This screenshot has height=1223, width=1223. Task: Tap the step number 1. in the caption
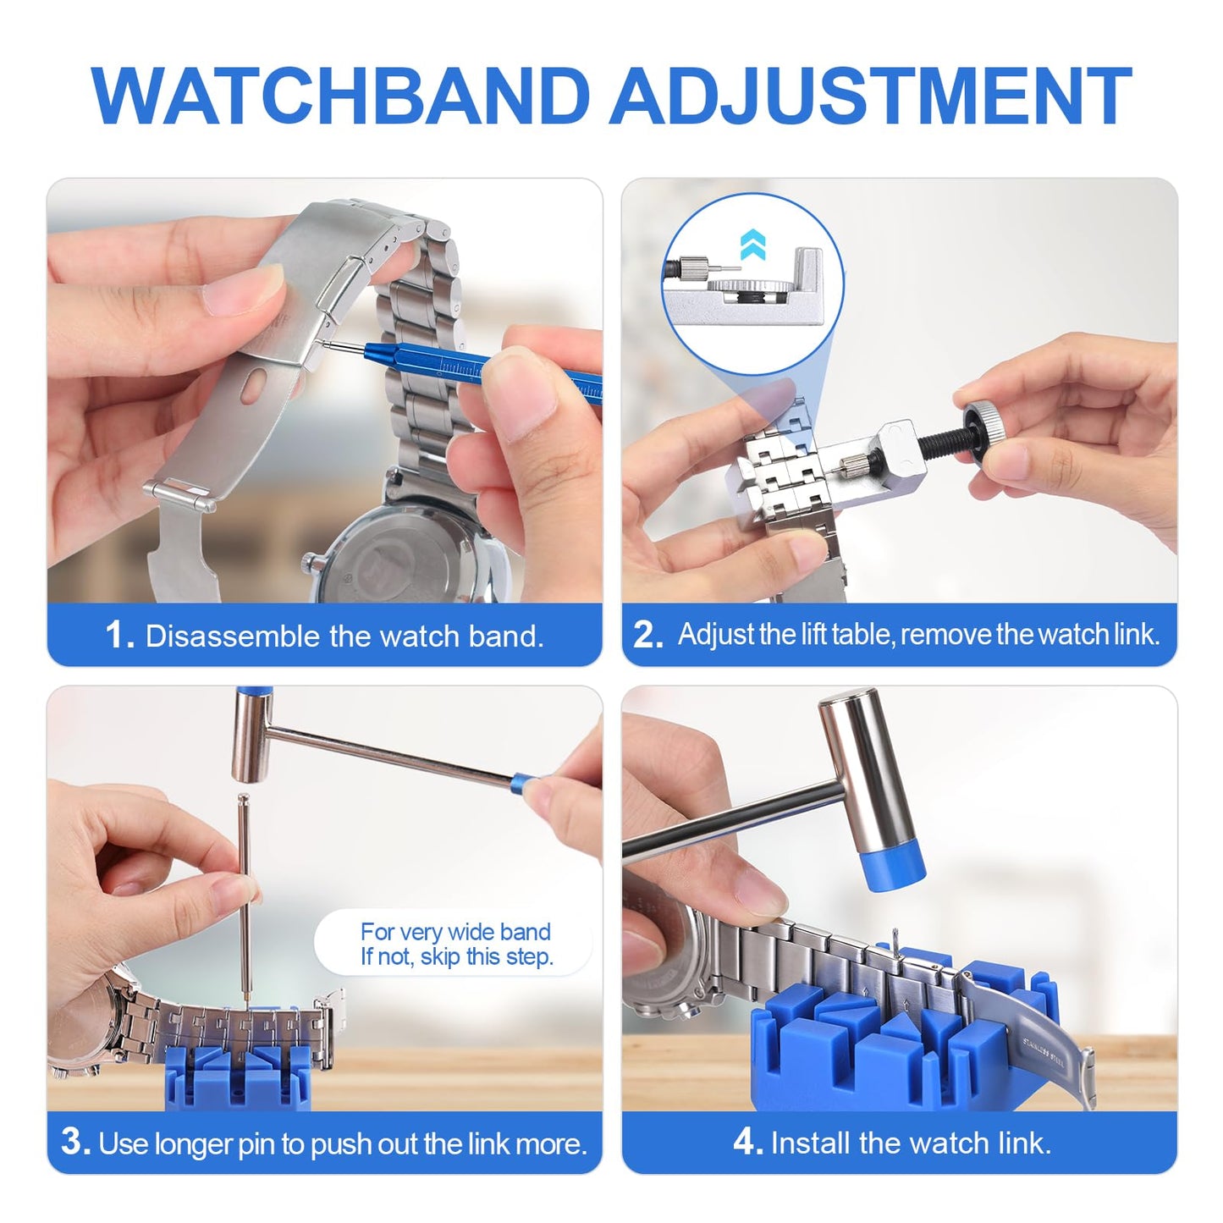119,636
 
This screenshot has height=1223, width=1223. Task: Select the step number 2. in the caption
647,635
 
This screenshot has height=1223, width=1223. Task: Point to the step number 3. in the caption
75,1143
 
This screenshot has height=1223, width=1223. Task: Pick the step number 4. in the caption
747,1143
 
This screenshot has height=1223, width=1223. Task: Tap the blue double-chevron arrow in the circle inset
752,245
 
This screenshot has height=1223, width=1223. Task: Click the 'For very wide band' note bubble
455,945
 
